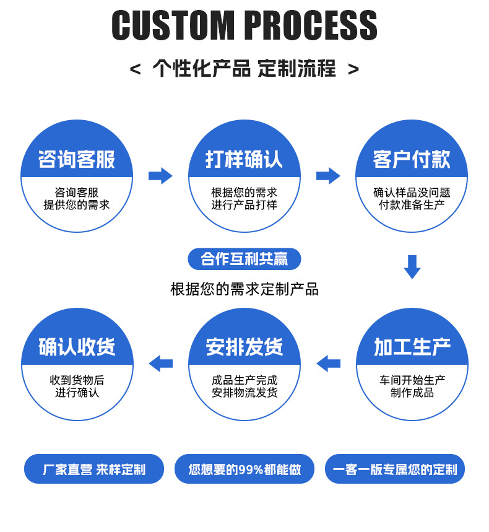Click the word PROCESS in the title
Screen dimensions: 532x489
[x=311, y=26]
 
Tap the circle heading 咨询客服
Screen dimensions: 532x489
[x=77, y=160]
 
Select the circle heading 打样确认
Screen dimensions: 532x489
[x=244, y=160]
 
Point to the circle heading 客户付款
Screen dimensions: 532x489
[x=412, y=160]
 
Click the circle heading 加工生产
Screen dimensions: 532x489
[x=412, y=347]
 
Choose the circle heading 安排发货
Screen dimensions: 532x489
[x=244, y=347]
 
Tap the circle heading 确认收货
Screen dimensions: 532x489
[x=77, y=347]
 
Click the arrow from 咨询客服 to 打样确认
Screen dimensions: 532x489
[x=160, y=176]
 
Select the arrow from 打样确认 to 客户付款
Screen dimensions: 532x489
[x=328, y=176]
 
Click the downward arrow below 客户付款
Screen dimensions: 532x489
[x=412, y=266]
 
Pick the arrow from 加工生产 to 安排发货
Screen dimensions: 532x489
[x=328, y=363]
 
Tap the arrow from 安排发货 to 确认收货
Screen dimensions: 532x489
[x=161, y=363]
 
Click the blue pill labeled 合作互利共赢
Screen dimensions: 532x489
[x=244, y=259]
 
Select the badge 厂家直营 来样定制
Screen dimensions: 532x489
[x=94, y=469]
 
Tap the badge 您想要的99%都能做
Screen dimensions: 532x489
[x=244, y=469]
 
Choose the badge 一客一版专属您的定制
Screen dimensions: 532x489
[x=395, y=469]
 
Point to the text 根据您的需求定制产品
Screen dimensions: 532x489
[x=244, y=289]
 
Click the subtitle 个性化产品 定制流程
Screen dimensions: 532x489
[x=244, y=68]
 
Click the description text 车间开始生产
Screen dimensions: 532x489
[x=412, y=380]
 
